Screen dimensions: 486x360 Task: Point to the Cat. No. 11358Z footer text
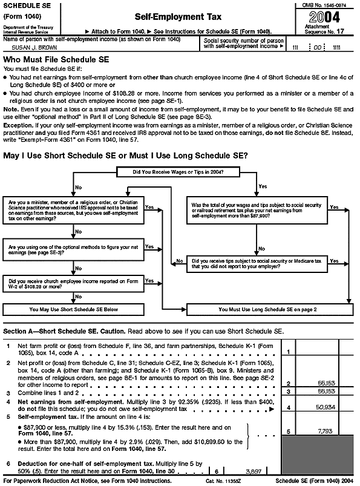point(216,481)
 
